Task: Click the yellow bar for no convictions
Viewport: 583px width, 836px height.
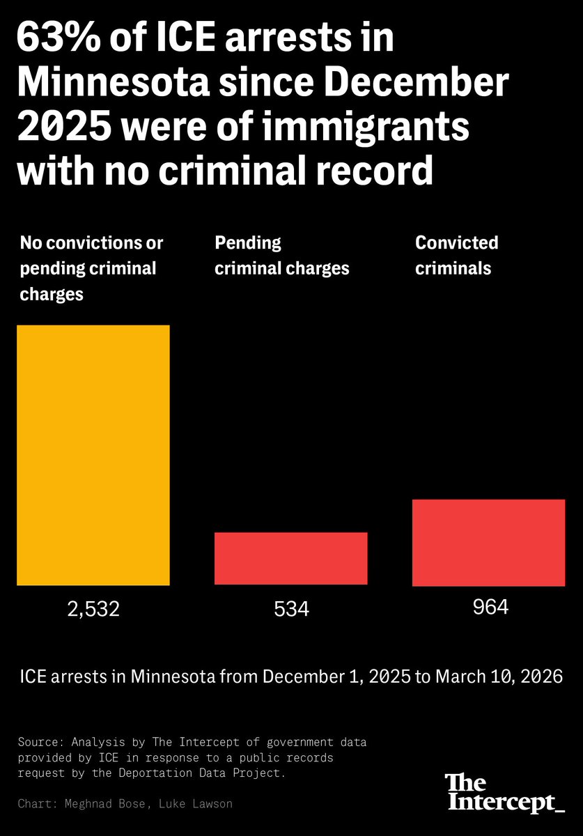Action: [93, 455]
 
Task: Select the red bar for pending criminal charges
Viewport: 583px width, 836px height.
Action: [290, 558]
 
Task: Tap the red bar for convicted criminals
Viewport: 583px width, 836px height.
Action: [488, 542]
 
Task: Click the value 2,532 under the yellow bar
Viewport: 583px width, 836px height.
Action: [93, 610]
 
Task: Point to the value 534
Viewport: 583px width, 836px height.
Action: [290, 610]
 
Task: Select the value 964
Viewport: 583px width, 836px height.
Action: [490, 607]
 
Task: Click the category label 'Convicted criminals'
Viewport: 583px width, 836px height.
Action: [457, 255]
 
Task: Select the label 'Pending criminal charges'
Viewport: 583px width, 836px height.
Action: [281, 255]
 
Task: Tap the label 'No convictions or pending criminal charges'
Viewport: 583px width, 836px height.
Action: [91, 268]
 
